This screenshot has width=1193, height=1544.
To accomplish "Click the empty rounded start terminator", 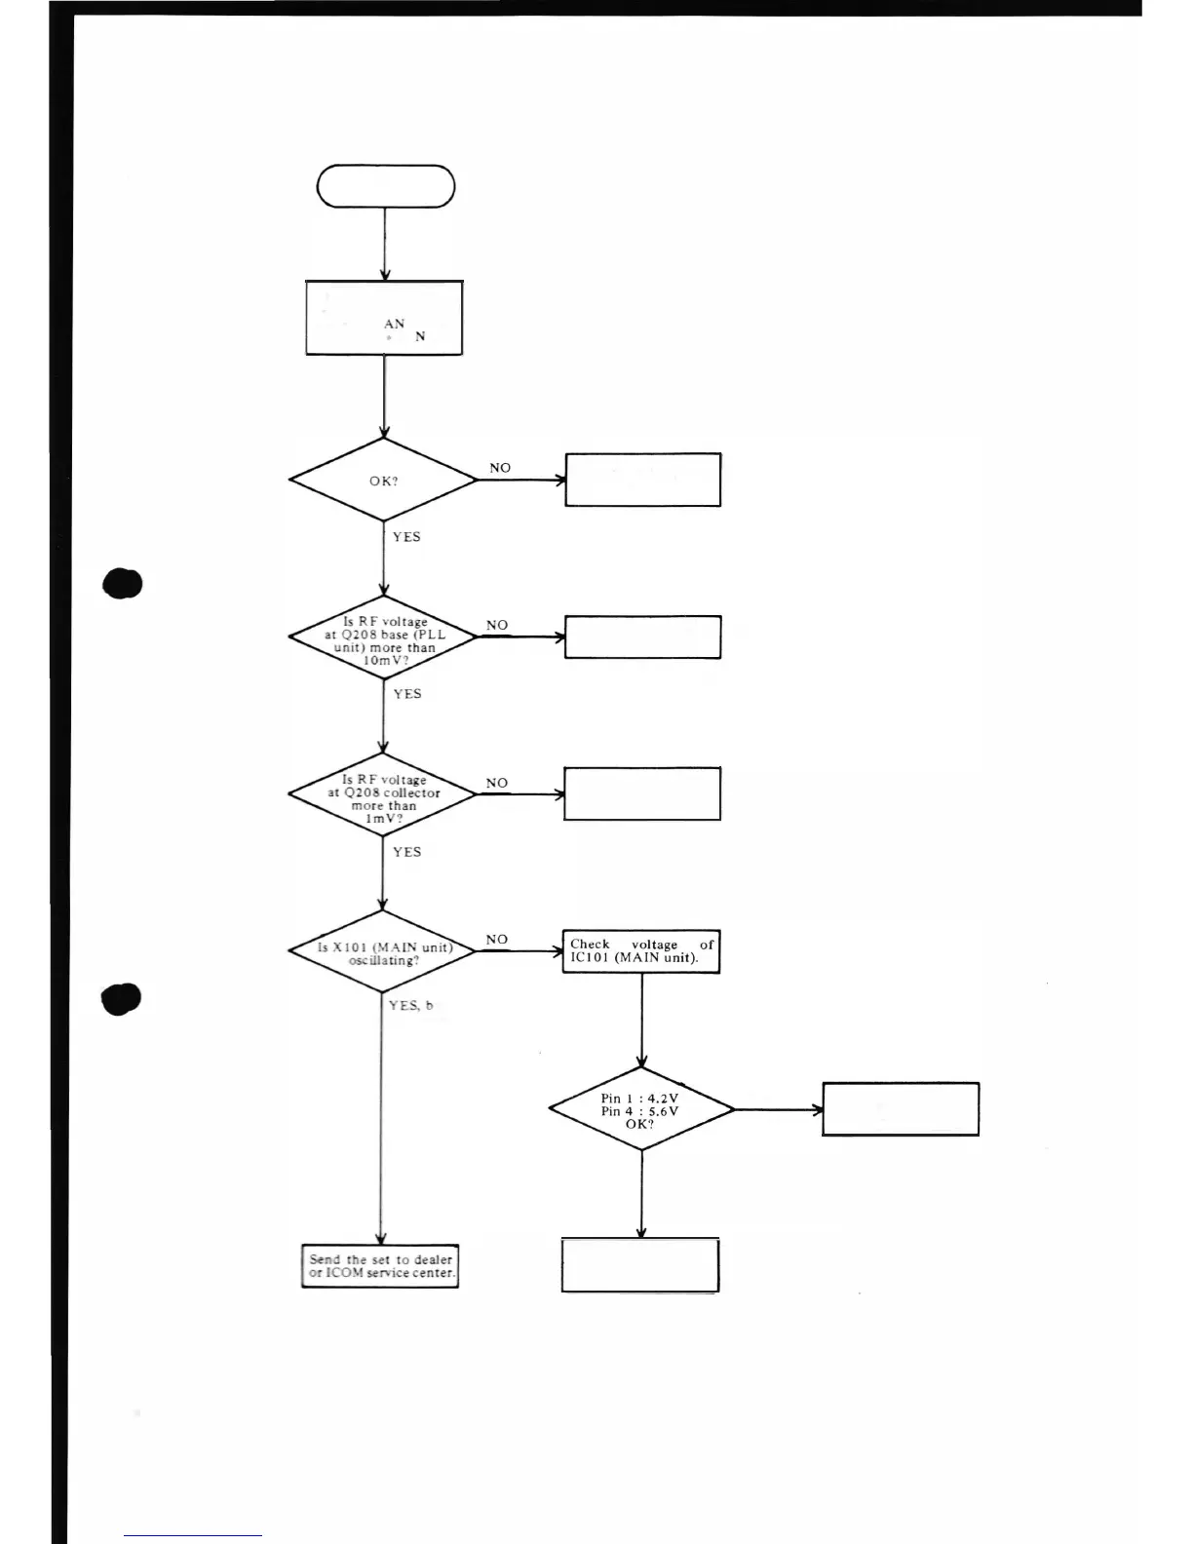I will tap(386, 186).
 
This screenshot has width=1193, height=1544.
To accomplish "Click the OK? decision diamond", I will tap(383, 481).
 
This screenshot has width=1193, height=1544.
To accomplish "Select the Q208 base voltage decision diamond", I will tap(383, 638).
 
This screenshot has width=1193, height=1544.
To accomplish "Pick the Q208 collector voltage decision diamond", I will tap(383, 795).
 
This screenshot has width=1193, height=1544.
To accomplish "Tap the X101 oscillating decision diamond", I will tap(383, 951).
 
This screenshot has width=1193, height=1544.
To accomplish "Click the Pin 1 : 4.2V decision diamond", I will tap(640, 1109).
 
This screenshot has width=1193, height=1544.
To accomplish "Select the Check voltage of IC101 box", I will tap(641, 951).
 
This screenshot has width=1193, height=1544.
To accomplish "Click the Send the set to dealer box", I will tap(380, 1266).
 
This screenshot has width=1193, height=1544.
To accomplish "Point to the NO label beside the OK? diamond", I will tap(500, 468).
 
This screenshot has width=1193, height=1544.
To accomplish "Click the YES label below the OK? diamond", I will tap(406, 537).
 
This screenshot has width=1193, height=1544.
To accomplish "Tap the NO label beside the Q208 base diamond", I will tap(497, 625).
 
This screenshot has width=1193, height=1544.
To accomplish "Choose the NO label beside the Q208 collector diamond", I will tap(497, 783).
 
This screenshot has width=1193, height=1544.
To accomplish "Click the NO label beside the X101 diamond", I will tap(497, 940).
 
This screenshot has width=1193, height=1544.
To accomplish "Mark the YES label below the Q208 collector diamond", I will tap(406, 852).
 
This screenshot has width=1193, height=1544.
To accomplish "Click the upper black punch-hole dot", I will tap(123, 584).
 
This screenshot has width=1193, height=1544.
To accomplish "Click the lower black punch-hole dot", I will tap(122, 999).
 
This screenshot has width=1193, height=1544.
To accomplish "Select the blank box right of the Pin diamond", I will tap(901, 1109).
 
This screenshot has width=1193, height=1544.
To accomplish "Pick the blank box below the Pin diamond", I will tap(640, 1265).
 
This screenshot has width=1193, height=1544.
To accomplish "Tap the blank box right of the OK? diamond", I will tap(643, 480).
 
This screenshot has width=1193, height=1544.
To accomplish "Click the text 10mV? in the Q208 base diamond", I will tap(385, 661).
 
